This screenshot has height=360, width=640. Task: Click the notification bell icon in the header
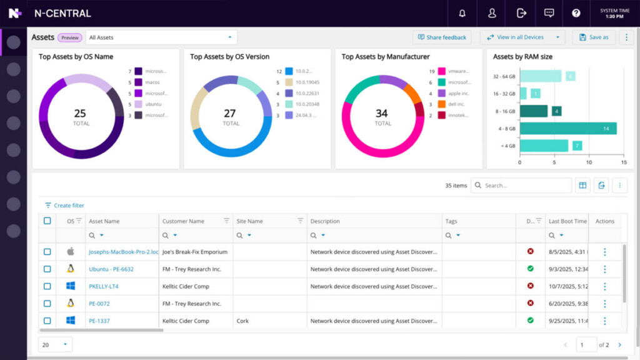tap(462, 13)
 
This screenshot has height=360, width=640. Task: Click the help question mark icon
tap(576, 13)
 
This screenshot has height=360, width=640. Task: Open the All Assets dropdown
tap(161, 37)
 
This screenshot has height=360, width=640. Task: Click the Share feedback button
tap(442, 37)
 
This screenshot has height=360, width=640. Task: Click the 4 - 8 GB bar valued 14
tap(568, 128)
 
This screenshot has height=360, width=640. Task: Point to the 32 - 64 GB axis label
tap(503, 76)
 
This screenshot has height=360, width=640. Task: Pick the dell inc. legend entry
tap(457, 104)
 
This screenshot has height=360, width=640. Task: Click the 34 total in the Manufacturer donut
tap(382, 114)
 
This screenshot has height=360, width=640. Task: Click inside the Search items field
tap(525, 186)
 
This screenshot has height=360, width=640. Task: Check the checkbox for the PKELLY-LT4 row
tap(47, 286)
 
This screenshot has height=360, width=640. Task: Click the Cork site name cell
tap(242, 321)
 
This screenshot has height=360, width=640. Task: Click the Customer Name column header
tap(183, 221)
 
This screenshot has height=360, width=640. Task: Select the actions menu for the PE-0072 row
tap(604, 304)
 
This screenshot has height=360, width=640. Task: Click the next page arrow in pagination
tap(619, 345)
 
